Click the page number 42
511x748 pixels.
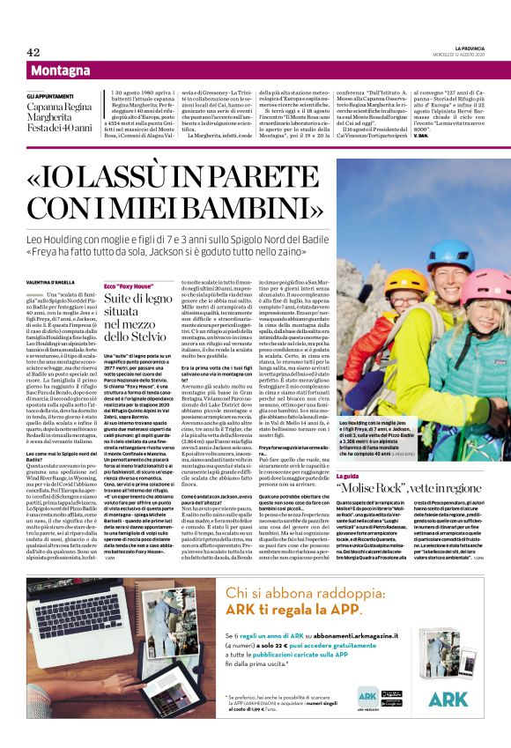pyautogui.click(x=33, y=52)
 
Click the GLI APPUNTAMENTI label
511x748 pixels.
pyautogui.click(x=48, y=94)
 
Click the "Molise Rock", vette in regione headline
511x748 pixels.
pyautogui.click(x=421, y=487)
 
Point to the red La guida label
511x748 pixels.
pyautogui.click(x=353, y=475)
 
